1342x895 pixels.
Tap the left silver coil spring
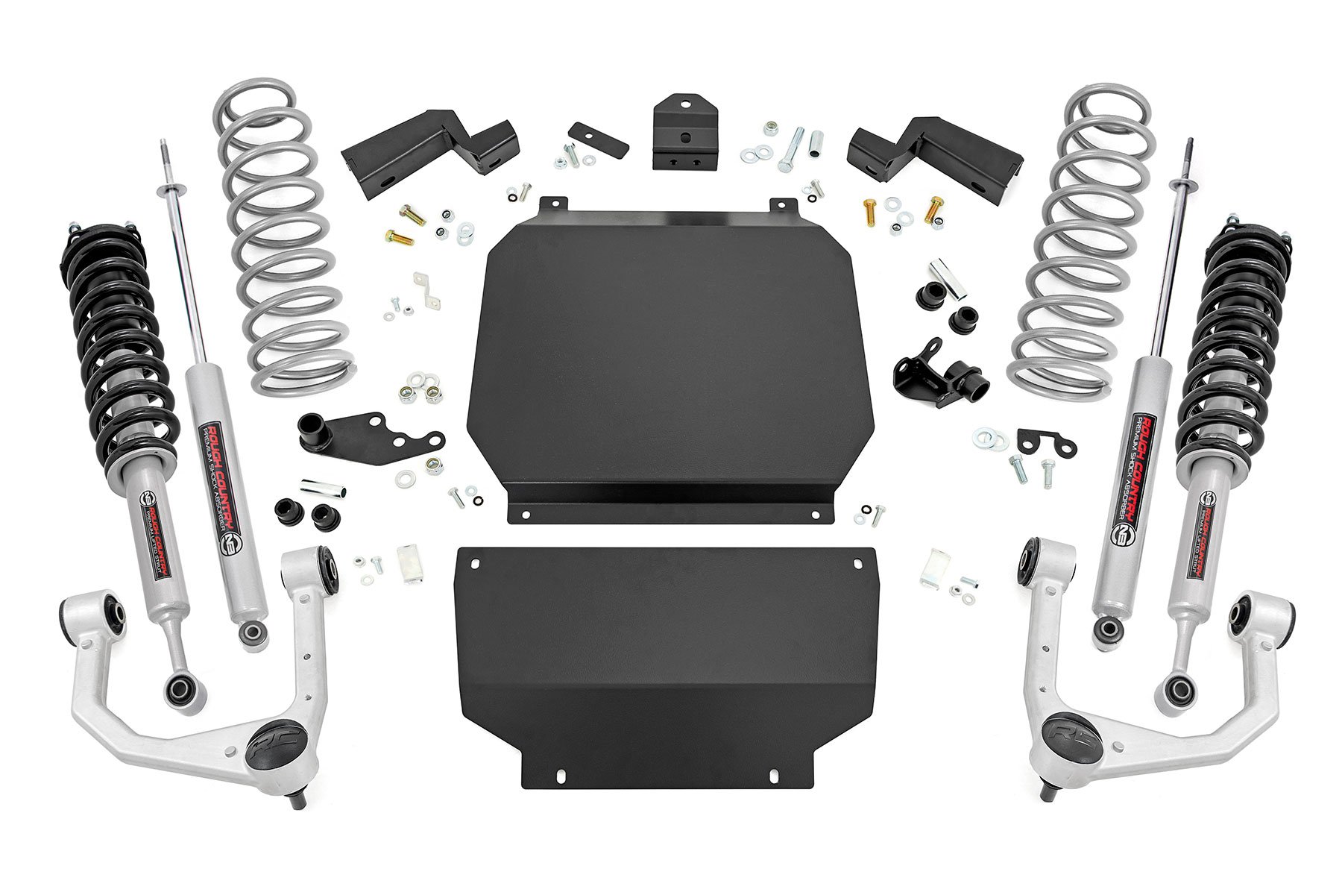[280, 246]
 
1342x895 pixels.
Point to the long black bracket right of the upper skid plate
[936, 153]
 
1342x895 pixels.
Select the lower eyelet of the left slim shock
[252, 633]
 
